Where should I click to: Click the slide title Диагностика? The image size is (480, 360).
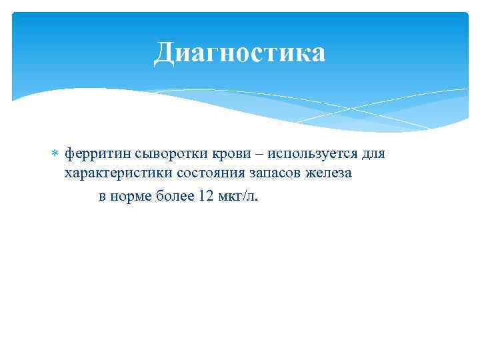click(x=239, y=53)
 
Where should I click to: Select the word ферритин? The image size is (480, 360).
click(x=94, y=154)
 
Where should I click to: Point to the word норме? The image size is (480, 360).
click(x=131, y=196)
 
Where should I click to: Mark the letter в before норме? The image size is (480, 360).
click(x=103, y=196)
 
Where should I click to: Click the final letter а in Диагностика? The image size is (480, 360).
click(x=317, y=53)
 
